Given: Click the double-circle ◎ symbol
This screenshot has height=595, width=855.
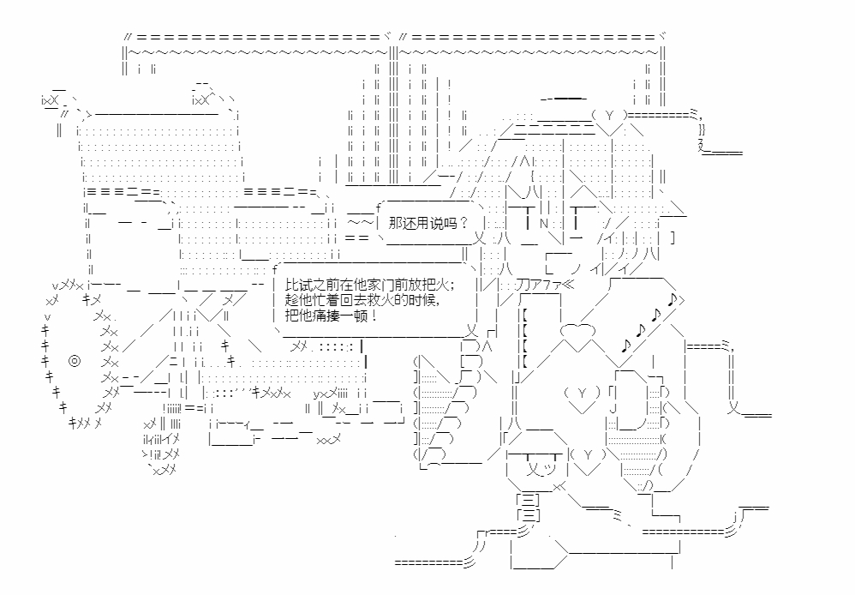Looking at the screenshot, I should [74, 361].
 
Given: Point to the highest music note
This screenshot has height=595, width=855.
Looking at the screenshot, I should [672, 299].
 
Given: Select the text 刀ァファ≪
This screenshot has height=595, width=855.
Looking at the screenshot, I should [543, 285].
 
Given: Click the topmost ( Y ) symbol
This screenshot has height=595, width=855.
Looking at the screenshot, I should [609, 116].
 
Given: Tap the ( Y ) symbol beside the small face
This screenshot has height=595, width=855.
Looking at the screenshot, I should [588, 454].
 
